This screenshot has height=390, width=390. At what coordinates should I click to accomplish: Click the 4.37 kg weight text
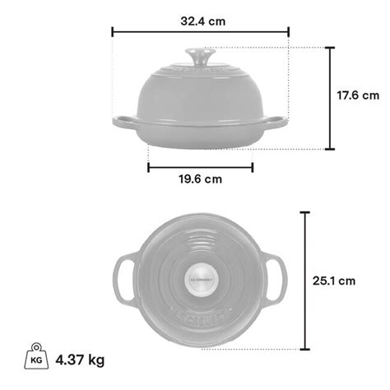tap(81, 360)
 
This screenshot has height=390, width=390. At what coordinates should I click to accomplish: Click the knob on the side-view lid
tap(200, 58)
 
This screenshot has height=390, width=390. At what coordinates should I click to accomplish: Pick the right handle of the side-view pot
tap(280, 123)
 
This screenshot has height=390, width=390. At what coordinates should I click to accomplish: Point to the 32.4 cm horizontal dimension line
tap(200, 33)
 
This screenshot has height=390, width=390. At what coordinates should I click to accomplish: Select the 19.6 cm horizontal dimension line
tap(200, 166)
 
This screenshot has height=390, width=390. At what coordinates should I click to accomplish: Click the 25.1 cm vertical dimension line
tap(305, 281)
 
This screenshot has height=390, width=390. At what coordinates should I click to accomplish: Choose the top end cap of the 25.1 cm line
tap(305, 212)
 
